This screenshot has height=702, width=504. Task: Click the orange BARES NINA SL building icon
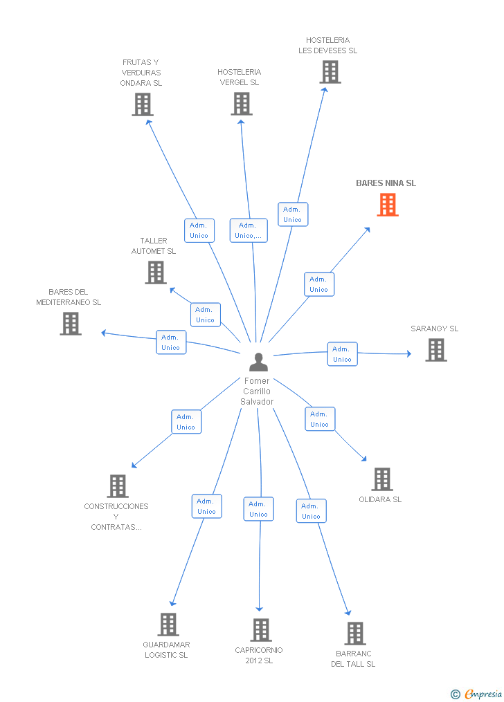click(x=388, y=205)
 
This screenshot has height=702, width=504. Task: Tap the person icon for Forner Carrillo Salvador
click(x=258, y=362)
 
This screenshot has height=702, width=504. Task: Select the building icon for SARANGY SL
click(x=436, y=350)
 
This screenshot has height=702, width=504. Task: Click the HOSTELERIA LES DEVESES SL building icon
click(x=330, y=72)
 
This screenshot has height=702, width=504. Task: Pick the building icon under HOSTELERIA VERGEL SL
click(x=241, y=104)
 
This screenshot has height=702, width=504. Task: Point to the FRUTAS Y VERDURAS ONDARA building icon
click(x=142, y=104)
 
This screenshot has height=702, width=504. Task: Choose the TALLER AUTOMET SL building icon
click(x=156, y=273)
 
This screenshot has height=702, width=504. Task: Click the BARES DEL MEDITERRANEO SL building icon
click(x=71, y=324)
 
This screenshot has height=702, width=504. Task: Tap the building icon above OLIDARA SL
click(x=382, y=479)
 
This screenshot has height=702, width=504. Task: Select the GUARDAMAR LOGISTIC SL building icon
click(x=168, y=625)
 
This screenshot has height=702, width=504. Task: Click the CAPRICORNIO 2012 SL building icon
click(x=261, y=630)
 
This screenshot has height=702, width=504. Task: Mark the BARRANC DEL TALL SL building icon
click(x=355, y=634)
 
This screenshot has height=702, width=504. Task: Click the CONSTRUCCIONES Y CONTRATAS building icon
click(x=118, y=486)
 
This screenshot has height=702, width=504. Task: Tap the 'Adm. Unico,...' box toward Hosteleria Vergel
click(x=248, y=230)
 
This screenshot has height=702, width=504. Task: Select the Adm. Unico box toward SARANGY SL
click(x=342, y=354)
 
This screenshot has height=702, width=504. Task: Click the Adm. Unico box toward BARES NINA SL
click(x=319, y=284)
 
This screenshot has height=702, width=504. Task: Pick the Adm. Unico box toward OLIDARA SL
click(x=320, y=419)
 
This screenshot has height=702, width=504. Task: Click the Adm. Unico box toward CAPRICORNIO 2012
click(x=258, y=509)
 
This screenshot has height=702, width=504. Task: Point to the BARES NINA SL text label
click(x=386, y=183)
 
